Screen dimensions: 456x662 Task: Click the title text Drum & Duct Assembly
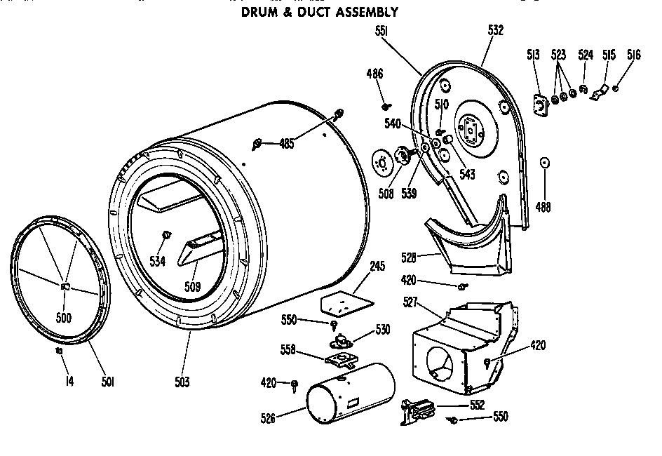point(320,12)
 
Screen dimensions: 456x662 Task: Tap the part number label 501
point(107,382)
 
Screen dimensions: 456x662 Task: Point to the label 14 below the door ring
point(69,382)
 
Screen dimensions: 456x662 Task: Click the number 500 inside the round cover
point(64,317)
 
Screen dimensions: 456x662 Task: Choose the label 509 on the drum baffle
point(192,286)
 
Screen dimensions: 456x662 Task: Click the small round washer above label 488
point(543,163)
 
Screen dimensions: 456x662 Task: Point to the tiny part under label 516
point(615,88)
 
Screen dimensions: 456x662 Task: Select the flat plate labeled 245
point(345,303)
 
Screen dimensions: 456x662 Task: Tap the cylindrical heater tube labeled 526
point(348,395)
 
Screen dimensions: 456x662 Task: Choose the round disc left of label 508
point(382,162)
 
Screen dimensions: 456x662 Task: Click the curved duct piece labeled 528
point(470,242)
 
